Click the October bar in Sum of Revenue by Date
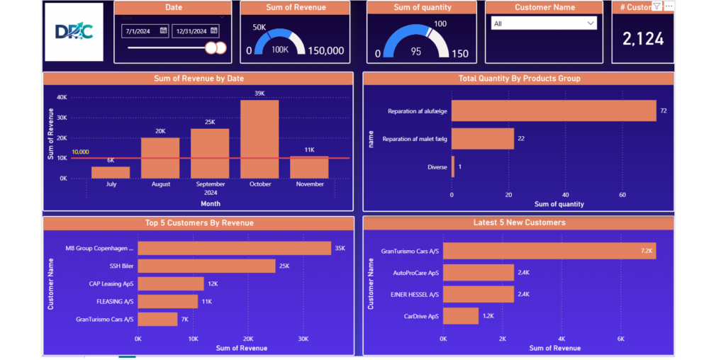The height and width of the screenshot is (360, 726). (x=259, y=139)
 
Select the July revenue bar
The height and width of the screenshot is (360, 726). (x=111, y=172)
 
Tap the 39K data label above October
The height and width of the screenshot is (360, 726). (x=259, y=94)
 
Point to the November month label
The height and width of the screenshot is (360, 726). (x=310, y=184)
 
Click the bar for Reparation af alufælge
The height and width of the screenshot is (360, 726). (x=554, y=111)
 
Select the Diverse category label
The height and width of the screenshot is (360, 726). (x=437, y=167)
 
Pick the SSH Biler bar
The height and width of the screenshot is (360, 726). (x=206, y=266)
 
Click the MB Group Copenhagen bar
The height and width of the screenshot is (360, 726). (x=234, y=248)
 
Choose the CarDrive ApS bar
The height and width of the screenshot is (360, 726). (x=461, y=315)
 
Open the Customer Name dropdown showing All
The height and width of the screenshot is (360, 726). (x=544, y=23)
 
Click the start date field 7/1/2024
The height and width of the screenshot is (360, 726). (x=145, y=31)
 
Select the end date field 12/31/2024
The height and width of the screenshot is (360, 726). (x=195, y=31)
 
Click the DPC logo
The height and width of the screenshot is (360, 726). (x=74, y=32)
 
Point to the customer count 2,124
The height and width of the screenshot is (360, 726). (x=643, y=39)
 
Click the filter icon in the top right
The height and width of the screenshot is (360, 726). (x=657, y=6)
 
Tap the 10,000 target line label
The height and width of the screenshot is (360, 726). (x=80, y=152)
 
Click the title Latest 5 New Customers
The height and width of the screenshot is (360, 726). (x=520, y=223)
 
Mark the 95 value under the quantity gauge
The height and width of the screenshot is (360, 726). (x=415, y=52)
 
